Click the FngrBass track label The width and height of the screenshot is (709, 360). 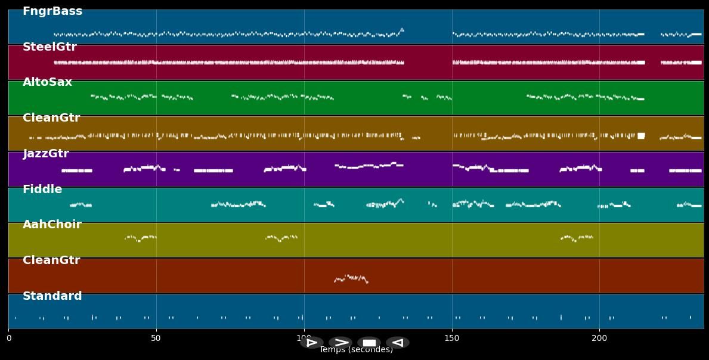click(x=52, y=11)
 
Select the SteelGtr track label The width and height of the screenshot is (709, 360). click(x=49, y=47)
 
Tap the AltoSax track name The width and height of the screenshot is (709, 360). click(x=47, y=82)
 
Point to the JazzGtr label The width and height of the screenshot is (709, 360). click(x=46, y=154)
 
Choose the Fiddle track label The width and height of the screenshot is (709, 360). click(x=42, y=190)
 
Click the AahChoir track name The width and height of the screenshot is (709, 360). click(x=52, y=225)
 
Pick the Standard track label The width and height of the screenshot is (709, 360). click(x=52, y=296)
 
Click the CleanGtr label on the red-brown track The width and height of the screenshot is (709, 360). click(x=51, y=260)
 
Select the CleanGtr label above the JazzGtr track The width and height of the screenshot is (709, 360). click(x=51, y=118)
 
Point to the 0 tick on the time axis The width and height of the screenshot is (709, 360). click(x=9, y=339)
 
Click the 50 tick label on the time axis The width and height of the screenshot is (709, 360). click(x=156, y=339)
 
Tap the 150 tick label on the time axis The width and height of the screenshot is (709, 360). click(x=452, y=339)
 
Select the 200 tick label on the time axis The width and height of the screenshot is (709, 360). click(x=599, y=339)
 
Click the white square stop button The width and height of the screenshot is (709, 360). click(x=369, y=343)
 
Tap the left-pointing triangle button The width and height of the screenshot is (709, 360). click(x=398, y=343)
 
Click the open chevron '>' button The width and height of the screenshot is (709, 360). click(x=340, y=343)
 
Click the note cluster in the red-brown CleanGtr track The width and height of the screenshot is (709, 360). click(x=351, y=278)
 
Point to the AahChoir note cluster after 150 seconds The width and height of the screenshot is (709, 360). click(x=577, y=238)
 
